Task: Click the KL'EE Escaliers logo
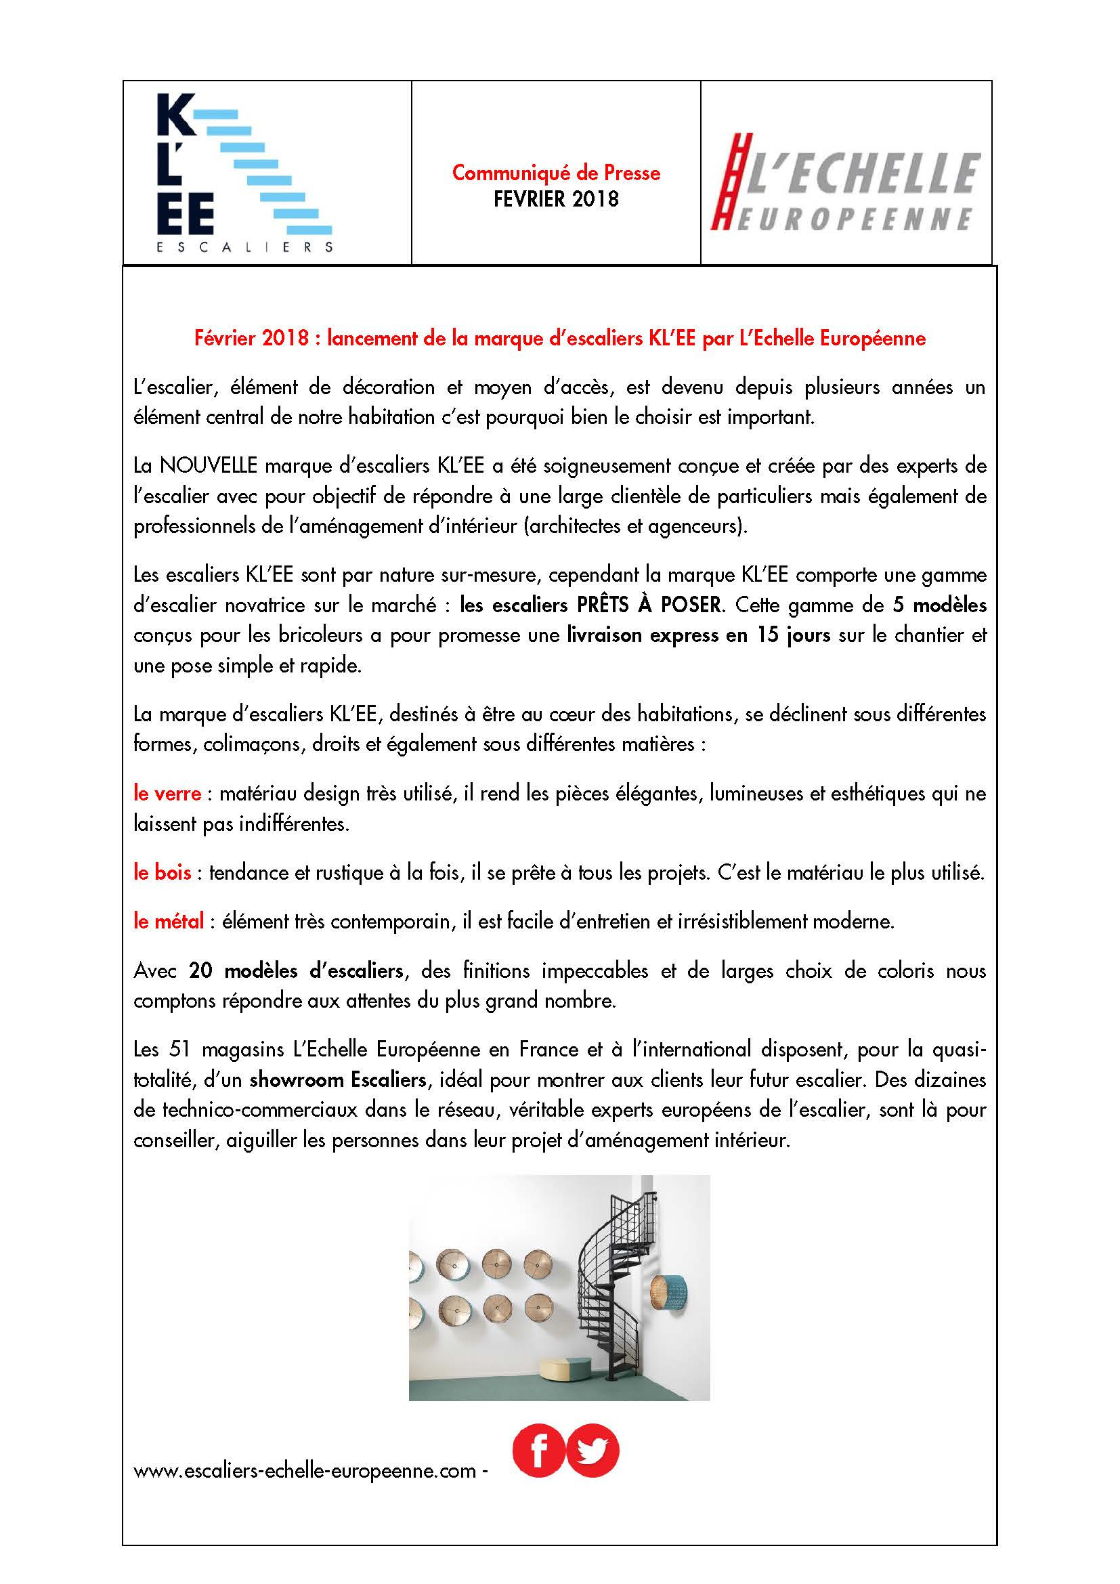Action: [245, 173]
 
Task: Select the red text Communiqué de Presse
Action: [556, 173]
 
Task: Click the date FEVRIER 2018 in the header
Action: [556, 199]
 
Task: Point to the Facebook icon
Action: [538, 1451]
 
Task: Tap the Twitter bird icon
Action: [593, 1451]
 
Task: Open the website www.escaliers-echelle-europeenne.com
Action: [305, 1471]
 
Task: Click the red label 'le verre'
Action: [167, 794]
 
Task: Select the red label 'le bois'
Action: [162, 873]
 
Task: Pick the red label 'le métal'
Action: [169, 921]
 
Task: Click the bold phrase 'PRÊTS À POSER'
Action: [645, 605]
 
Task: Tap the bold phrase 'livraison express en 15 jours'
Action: [699, 635]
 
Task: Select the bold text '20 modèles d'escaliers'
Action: [296, 970]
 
